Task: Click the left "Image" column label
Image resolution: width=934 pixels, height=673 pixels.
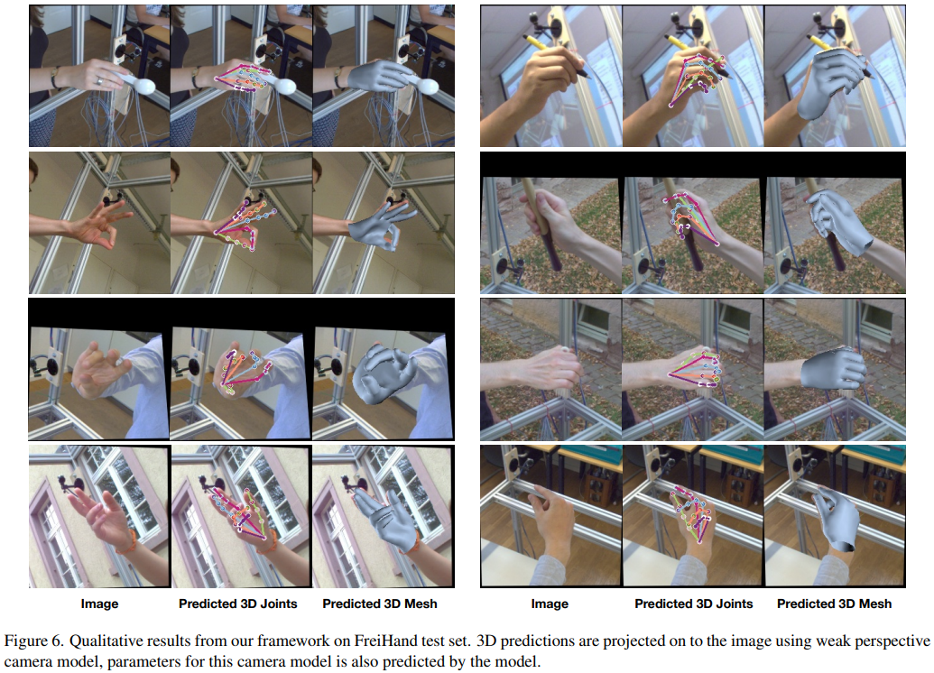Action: tap(99, 604)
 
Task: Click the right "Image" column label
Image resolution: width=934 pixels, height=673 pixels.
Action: tap(550, 604)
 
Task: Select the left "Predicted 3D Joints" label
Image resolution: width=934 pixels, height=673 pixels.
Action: tap(237, 604)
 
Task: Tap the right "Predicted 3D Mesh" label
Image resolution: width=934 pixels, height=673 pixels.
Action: tap(834, 604)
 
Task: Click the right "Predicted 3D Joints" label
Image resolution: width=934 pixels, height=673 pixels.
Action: tap(693, 604)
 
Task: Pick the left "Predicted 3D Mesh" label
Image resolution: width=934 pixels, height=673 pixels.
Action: tap(379, 604)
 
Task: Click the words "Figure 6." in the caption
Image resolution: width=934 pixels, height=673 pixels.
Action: tap(34, 641)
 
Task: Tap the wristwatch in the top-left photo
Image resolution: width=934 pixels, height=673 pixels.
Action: tap(55, 78)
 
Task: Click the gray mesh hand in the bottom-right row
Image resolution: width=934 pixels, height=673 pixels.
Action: tap(836, 519)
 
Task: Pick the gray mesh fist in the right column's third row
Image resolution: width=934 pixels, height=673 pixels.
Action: tap(832, 369)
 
